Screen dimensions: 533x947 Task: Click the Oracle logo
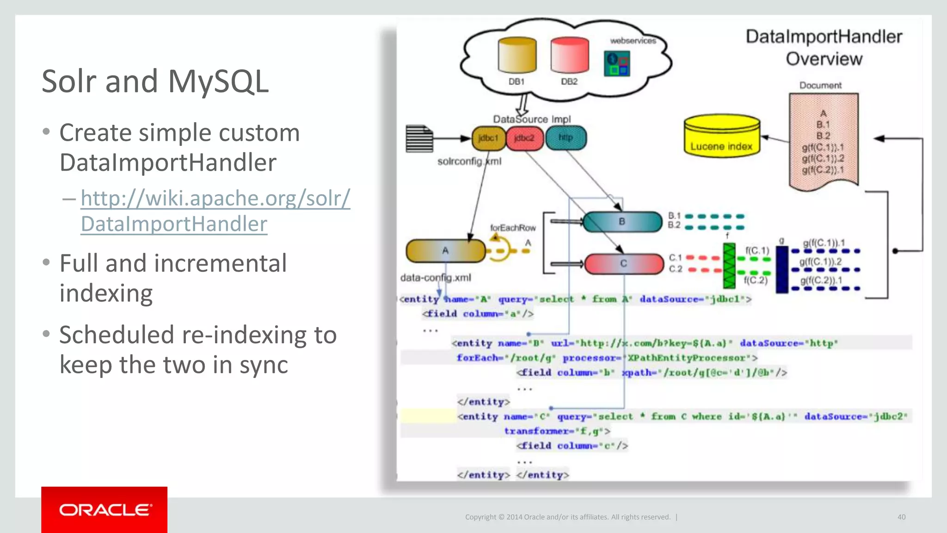[105, 509]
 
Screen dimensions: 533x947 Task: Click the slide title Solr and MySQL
[155, 81]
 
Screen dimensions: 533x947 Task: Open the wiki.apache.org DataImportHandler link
[215, 211]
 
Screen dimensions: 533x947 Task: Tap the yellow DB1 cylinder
[517, 56]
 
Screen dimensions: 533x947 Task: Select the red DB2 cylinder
[570, 56]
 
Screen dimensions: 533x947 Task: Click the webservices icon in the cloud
[617, 64]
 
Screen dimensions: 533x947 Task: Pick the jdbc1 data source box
[488, 138]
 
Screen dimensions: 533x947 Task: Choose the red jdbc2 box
[524, 138]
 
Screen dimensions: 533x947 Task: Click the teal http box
[566, 138]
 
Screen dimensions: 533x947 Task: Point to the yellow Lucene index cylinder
[721, 136]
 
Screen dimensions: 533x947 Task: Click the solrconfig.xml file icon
[419, 138]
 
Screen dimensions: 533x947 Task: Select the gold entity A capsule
[445, 251]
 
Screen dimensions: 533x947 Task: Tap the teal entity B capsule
[622, 222]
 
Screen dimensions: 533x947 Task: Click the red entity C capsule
[623, 264]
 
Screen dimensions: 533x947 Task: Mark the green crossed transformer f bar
[729, 265]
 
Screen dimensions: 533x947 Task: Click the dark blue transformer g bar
[782, 269]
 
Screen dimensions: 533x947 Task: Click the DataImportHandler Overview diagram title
[824, 48]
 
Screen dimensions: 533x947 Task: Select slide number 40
[901, 517]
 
